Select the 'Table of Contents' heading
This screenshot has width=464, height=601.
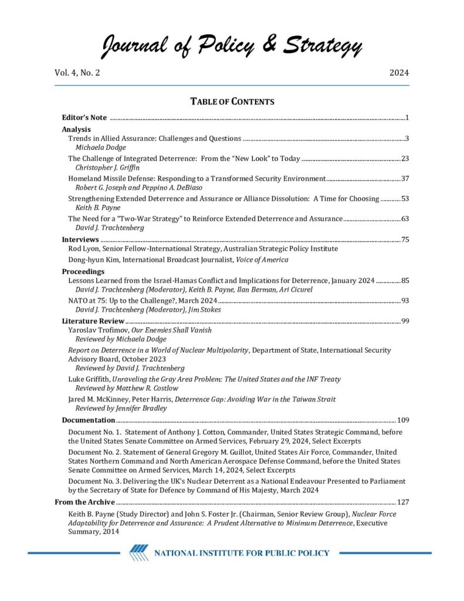[232, 102]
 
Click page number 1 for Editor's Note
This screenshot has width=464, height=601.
[407, 118]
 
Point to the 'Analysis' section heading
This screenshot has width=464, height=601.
[76, 129]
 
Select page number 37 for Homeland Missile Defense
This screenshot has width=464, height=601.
[405, 178]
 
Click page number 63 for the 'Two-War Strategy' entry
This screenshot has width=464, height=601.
[405, 219]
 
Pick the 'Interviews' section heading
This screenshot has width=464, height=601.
[81, 239]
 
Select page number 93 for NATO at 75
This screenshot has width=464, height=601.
[405, 300]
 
